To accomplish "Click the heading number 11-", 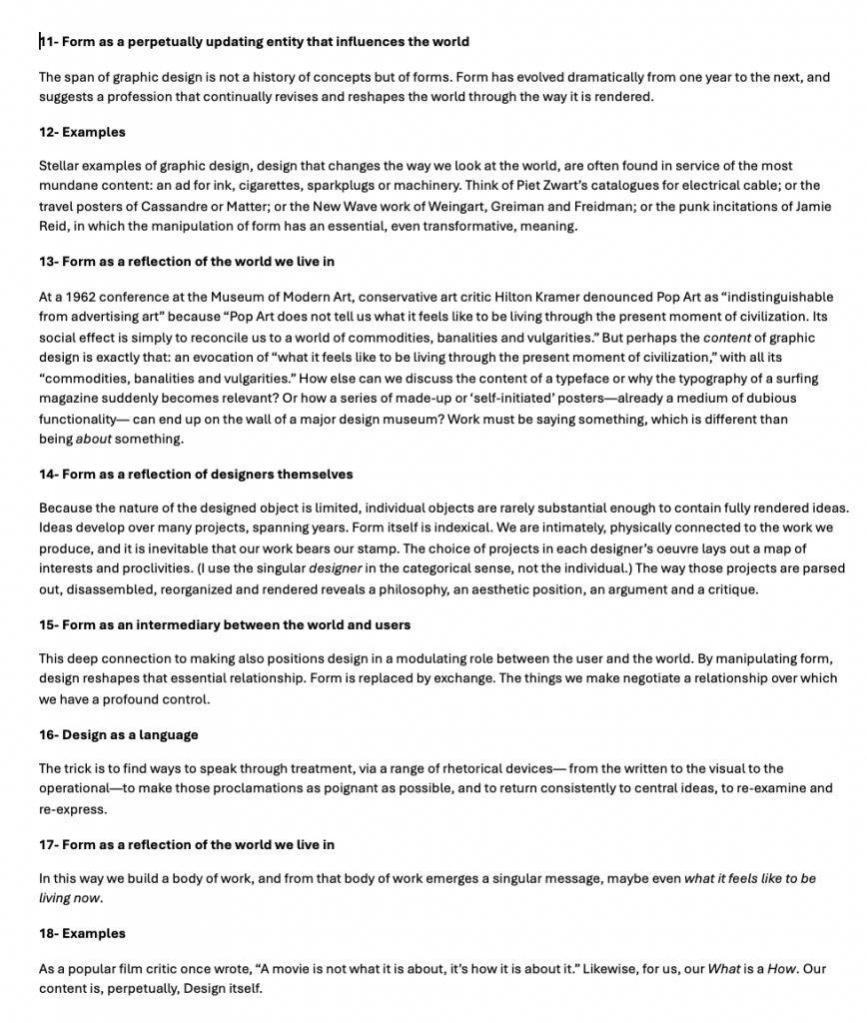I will click(49, 42).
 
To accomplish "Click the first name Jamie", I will click(810, 206).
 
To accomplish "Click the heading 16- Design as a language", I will click(119, 734).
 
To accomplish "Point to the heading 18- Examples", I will click(82, 933).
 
